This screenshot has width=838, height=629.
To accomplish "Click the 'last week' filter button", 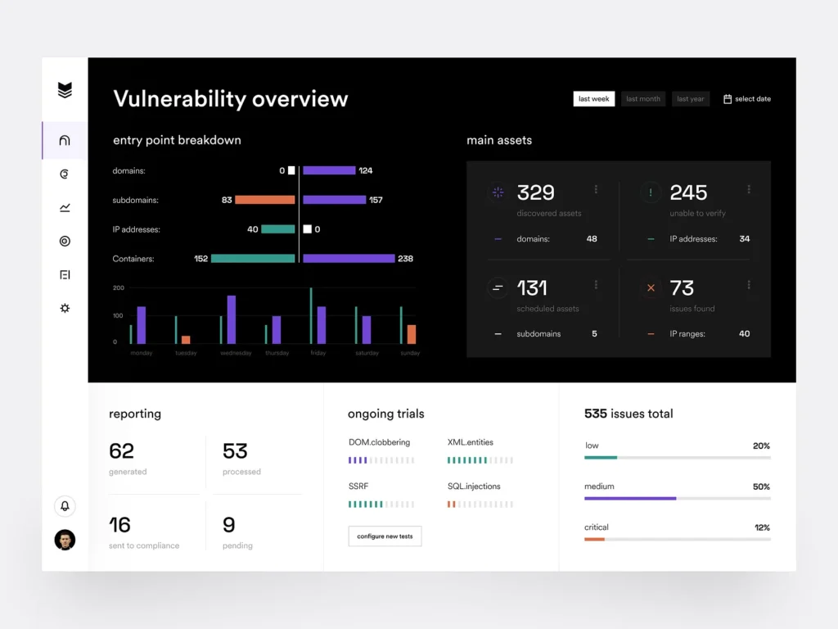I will [x=593, y=99].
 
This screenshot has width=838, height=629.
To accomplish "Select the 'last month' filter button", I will [x=643, y=99].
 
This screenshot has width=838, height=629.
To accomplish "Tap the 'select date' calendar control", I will [x=747, y=99].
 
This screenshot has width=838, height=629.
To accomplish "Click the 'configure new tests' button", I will [x=385, y=536].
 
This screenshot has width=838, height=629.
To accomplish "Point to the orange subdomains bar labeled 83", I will [x=265, y=200].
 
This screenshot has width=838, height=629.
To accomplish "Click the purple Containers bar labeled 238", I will [x=349, y=259].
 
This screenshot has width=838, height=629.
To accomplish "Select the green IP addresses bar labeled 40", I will [x=278, y=229].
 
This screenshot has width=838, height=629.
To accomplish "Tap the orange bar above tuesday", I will [x=186, y=339].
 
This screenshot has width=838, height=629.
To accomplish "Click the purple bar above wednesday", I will [x=232, y=319].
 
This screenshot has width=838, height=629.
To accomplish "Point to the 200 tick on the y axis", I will [x=119, y=288].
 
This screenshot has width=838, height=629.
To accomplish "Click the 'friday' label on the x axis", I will [x=318, y=353].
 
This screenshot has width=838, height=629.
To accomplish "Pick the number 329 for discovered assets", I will [x=536, y=193].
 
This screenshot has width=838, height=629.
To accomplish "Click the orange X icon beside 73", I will [x=651, y=288].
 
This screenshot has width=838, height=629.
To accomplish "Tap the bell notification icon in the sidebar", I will [x=65, y=506].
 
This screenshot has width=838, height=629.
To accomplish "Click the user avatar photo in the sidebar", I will [x=65, y=540].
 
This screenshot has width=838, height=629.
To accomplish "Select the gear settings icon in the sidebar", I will [x=65, y=308].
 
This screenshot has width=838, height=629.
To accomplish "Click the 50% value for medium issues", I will [x=761, y=486].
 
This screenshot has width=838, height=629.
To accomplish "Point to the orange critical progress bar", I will [x=595, y=539].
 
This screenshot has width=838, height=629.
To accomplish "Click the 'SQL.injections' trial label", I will [x=474, y=486].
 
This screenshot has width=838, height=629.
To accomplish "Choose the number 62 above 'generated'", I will [x=121, y=451].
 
